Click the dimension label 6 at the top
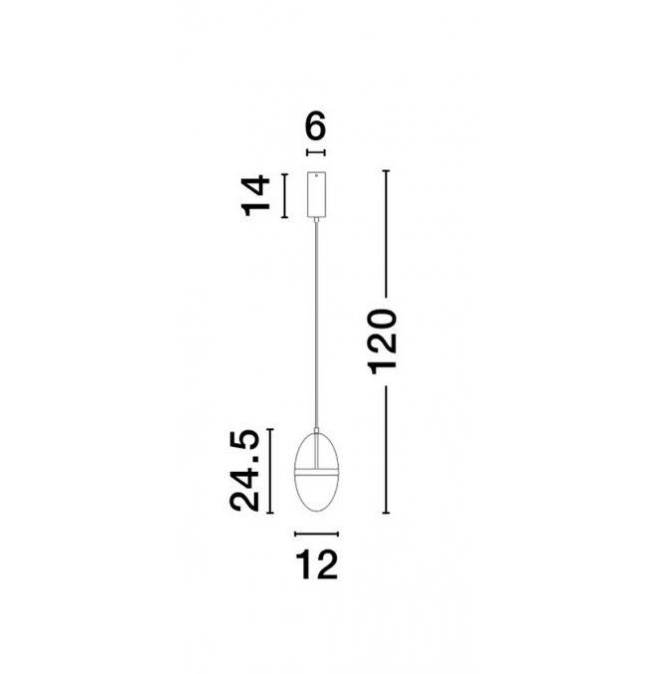pyautogui.click(x=316, y=125)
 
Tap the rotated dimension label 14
pyautogui.click(x=256, y=195)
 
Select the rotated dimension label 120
pyautogui.click(x=382, y=341)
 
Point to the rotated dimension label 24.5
pyautogui.click(x=244, y=471)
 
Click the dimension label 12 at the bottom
pyautogui.click(x=317, y=565)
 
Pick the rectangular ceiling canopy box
pyautogui.click(x=316, y=194)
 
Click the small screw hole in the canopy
pyautogui.click(x=316, y=175)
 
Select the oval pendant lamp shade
pyautogui.click(x=316, y=472)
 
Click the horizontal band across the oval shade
pyautogui.click(x=316, y=472)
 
